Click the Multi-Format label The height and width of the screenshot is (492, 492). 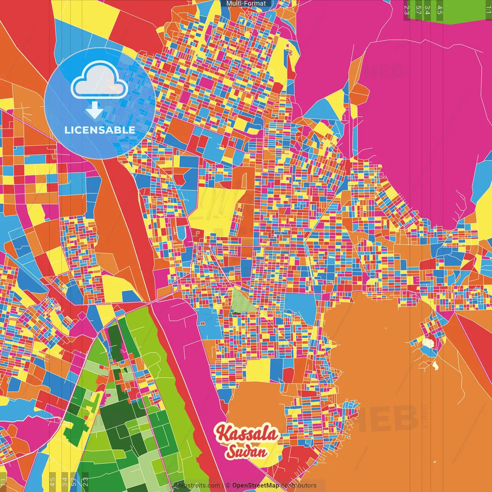click(246, 3)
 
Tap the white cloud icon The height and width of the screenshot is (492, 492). click(99, 80)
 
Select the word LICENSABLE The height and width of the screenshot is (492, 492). click(100, 130)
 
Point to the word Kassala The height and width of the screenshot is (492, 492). click(247, 434)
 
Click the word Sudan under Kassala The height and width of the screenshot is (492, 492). click(246, 451)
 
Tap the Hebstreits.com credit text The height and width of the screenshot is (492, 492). click(198, 485)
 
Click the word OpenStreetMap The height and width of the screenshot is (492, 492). click(256, 485)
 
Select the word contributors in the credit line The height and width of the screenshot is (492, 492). click(299, 485)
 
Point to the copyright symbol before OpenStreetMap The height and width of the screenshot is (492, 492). click(228, 485)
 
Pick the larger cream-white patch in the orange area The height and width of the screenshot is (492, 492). click(428, 342)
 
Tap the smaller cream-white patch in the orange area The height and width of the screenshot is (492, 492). click(435, 365)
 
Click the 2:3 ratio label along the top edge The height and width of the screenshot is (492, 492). click(407, 10)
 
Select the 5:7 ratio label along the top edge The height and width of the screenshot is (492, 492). click(418, 10)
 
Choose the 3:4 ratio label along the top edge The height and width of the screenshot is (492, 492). click(428, 10)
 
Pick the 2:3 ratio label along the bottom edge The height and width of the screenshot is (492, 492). click(85, 482)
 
